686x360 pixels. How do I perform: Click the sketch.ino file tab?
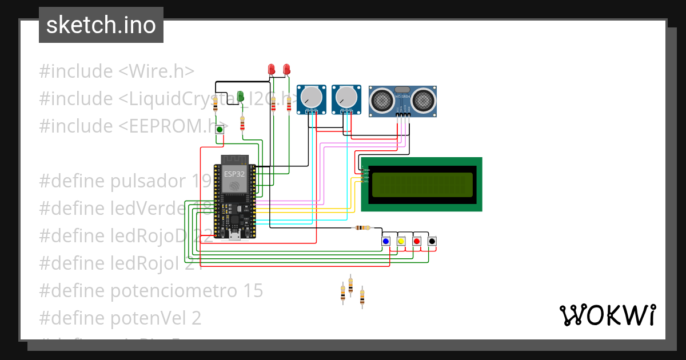[x=101, y=25]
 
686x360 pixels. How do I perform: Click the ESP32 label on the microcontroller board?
[x=233, y=174]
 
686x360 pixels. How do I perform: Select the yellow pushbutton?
[x=401, y=241]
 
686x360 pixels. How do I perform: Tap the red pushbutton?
[x=417, y=241]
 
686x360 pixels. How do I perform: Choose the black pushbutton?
[x=432, y=241]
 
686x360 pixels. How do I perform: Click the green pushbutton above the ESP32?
[x=219, y=130]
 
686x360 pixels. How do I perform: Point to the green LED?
[x=241, y=95]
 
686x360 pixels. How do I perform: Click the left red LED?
[x=272, y=69]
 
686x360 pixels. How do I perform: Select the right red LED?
[x=286, y=69]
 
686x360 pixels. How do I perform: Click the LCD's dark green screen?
[x=422, y=185]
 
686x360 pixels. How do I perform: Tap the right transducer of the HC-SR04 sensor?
[x=424, y=101]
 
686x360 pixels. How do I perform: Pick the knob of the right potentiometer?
[x=346, y=97]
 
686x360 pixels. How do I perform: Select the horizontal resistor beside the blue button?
[x=362, y=227]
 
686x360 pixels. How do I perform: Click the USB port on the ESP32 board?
[x=234, y=235]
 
